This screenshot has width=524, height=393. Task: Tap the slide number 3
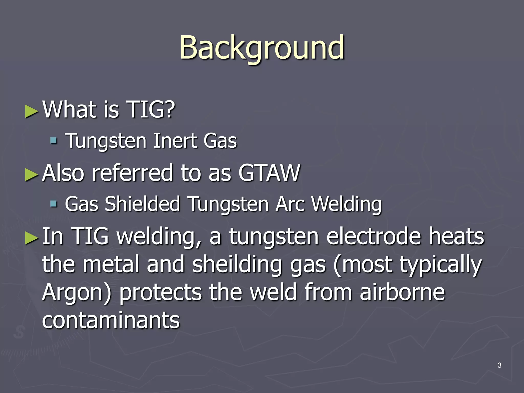point(499,365)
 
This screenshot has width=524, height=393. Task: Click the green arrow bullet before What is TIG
point(32,111)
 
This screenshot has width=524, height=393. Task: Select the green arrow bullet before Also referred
point(32,175)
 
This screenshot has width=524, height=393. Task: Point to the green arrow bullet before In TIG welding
point(32,238)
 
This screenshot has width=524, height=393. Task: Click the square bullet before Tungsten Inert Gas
point(53,140)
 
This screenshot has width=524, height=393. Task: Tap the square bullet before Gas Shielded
point(53,204)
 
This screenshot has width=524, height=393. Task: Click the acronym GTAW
point(269,173)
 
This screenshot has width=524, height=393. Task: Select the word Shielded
point(143,204)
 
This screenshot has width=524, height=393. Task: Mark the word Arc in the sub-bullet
point(290,204)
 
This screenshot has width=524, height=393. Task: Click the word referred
point(132,173)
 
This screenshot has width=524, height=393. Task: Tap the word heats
point(456,236)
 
